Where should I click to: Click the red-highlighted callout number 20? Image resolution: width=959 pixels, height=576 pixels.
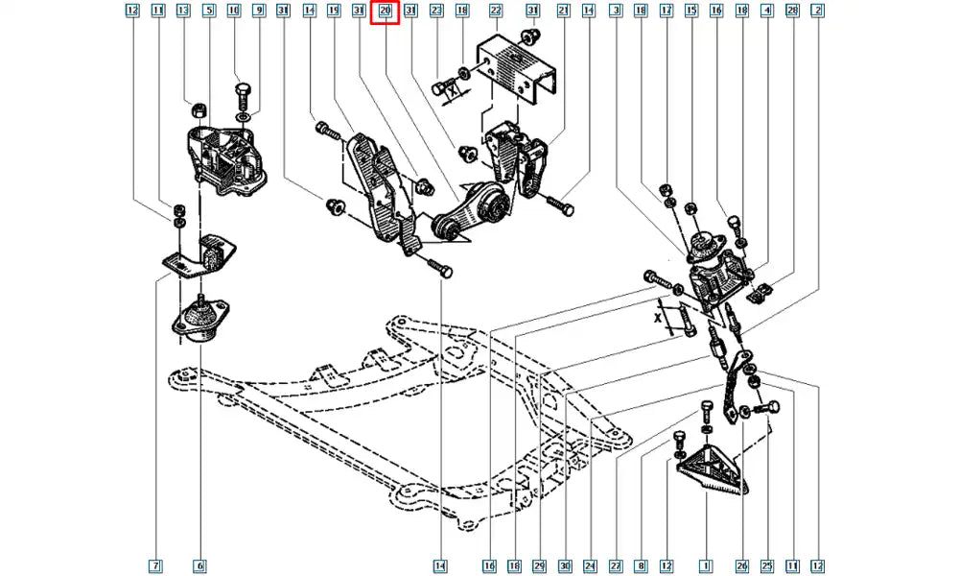(x=385, y=12)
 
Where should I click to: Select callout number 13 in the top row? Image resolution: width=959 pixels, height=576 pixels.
(x=183, y=12)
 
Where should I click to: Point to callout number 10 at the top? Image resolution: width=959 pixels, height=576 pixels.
(x=234, y=12)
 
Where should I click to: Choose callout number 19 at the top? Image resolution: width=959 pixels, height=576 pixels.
(x=334, y=12)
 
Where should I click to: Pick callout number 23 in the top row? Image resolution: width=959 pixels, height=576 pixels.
(x=436, y=12)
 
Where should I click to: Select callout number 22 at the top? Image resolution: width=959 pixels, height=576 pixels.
(x=495, y=12)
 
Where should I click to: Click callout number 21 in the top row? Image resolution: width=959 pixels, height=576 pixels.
(x=563, y=12)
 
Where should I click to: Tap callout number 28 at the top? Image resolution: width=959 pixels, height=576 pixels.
(x=792, y=12)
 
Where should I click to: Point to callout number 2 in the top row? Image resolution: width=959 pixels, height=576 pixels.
(x=817, y=12)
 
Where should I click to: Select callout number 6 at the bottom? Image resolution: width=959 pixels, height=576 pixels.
(x=199, y=565)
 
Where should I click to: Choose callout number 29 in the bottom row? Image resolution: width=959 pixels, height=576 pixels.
(x=541, y=565)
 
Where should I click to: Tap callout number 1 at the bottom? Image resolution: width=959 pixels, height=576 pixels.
(x=706, y=565)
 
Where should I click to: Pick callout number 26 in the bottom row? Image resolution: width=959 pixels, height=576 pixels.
(x=741, y=565)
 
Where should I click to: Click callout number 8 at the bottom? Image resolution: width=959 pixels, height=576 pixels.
(x=641, y=565)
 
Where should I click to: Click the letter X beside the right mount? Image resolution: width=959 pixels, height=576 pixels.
(x=658, y=315)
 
